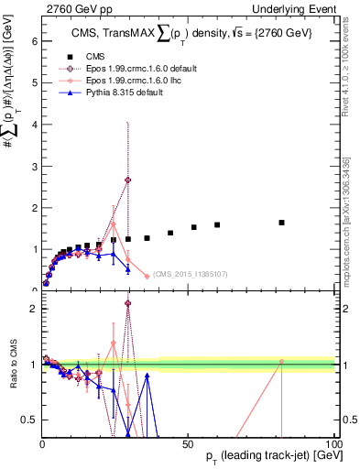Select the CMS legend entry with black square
tap(96, 55)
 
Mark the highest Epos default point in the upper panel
tap(128, 180)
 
